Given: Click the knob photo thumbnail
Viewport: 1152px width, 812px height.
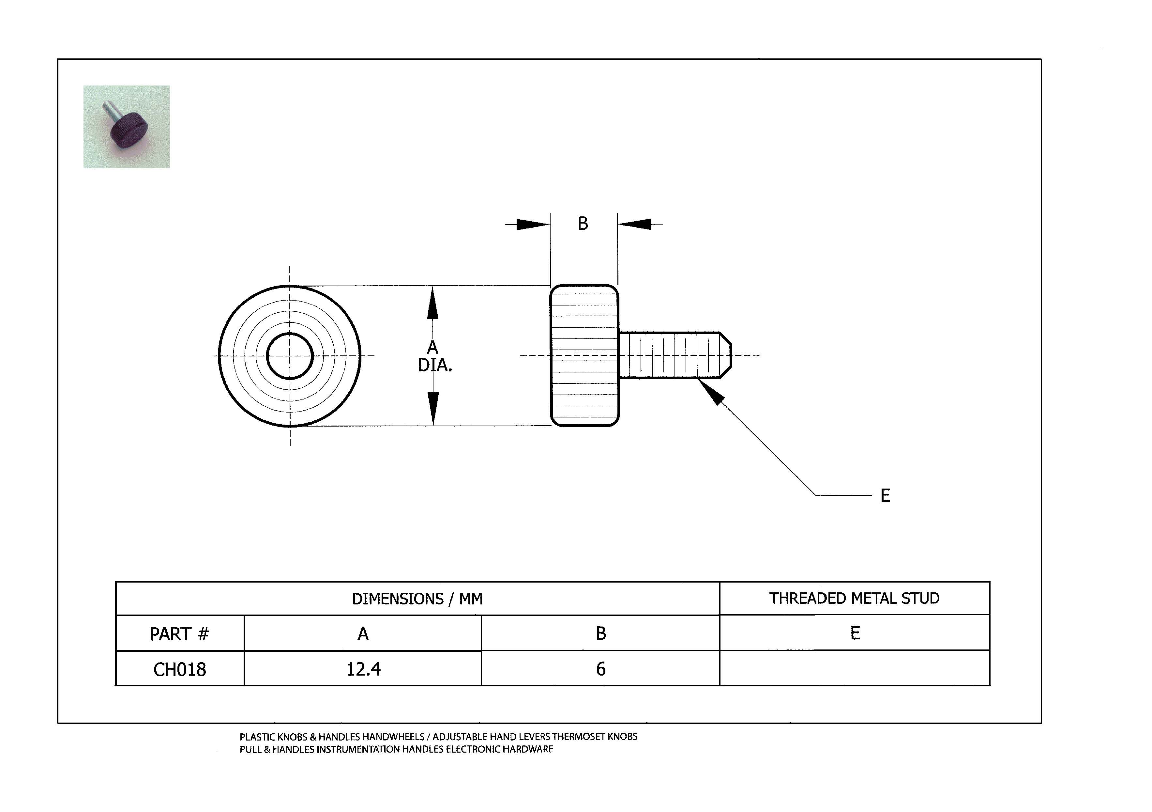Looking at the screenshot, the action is coord(127,127).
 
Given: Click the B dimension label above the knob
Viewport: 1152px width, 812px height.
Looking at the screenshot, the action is coord(583,224).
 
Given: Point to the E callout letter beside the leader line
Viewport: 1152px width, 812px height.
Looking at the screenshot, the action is coord(885,496).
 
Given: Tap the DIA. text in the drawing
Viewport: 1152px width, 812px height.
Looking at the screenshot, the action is coord(435,365).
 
